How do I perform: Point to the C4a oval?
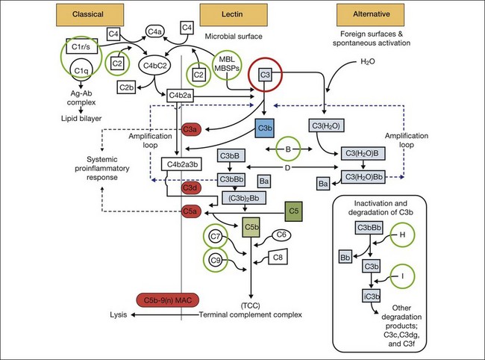click(x=155, y=31)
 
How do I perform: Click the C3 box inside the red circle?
click(x=266, y=74)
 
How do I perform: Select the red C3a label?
click(x=190, y=128)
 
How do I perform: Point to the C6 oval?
click(x=281, y=235)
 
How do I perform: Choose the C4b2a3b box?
click(x=182, y=165)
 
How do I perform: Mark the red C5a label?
click(x=190, y=211)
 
